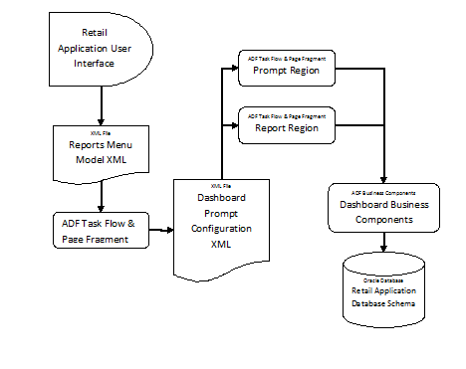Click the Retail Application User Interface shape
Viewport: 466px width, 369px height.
pyautogui.click(x=101, y=47)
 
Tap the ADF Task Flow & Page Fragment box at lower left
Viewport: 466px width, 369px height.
pyautogui.click(x=101, y=231)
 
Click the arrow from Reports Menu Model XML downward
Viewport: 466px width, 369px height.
pyautogui.click(x=101, y=196)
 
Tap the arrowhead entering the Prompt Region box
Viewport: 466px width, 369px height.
pyautogui.click(x=233, y=71)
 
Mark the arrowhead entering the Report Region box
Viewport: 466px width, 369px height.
pyautogui.click(x=233, y=124)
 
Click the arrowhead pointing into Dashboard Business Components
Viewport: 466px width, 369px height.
pyautogui.click(x=384, y=178)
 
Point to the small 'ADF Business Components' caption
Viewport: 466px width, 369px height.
pyautogui.click(x=384, y=192)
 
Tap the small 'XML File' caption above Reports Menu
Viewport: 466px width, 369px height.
pyautogui.click(x=100, y=130)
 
